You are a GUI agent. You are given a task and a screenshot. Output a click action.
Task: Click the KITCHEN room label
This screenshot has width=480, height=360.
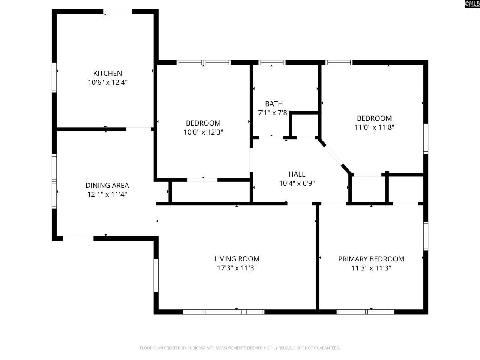(108, 73)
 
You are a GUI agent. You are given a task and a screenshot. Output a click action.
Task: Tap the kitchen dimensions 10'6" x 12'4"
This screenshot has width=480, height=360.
(108, 82)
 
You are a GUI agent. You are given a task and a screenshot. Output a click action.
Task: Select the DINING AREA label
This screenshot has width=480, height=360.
(107, 185)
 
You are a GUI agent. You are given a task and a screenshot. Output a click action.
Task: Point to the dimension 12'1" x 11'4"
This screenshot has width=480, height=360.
(107, 195)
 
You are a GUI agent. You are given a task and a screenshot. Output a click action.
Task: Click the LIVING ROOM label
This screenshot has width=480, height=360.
(237, 259)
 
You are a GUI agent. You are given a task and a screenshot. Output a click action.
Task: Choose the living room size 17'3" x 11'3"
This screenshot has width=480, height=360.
(237, 268)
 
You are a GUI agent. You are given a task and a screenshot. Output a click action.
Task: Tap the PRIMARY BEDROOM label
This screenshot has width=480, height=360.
(371, 259)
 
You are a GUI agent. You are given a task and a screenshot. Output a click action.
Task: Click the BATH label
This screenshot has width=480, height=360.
(274, 104)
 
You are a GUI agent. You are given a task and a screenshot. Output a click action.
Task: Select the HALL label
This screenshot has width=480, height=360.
(297, 174)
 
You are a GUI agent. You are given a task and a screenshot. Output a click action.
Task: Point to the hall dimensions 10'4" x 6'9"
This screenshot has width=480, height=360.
(297, 183)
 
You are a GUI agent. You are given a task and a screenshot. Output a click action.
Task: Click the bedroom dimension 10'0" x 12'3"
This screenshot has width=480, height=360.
(203, 132)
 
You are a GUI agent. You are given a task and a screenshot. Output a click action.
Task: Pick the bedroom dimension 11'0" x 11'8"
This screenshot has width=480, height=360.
(374, 127)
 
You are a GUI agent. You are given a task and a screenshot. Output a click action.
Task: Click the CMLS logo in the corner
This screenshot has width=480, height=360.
(472, 4)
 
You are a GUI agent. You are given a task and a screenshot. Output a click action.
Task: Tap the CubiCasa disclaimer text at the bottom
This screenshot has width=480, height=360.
(240, 348)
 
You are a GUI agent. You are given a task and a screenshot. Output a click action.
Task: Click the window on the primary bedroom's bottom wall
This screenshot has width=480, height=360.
(365, 312)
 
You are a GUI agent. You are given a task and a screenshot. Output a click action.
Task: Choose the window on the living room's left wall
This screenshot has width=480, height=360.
(156, 275)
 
